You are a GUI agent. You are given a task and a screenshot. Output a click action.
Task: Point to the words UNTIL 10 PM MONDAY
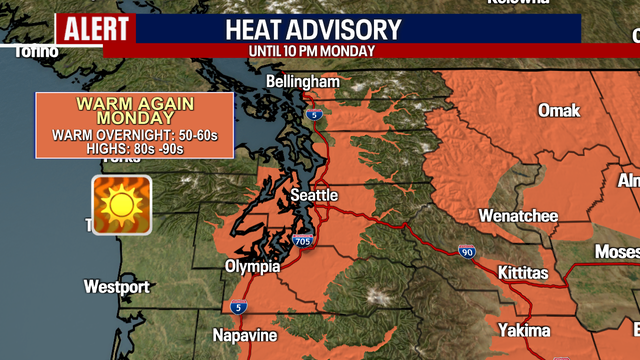pyautogui.click(x=312, y=50)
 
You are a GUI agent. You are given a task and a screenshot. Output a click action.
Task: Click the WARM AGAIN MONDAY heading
pyautogui.click(x=134, y=111)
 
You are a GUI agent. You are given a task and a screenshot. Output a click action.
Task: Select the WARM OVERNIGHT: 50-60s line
pyautogui.click(x=134, y=135)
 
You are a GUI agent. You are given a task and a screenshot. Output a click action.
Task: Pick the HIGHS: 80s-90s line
pyautogui.click(x=134, y=149)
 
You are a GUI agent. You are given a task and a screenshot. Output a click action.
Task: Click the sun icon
pyautogui.click(x=122, y=204)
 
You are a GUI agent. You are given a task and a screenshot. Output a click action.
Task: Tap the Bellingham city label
pyautogui.click(x=303, y=81)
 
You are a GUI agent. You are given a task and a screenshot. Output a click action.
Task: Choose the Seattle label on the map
pyautogui.click(x=314, y=195)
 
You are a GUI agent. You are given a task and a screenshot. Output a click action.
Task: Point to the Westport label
pyautogui.click(x=116, y=287)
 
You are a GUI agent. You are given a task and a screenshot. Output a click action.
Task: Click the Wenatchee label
pyautogui.click(x=517, y=215)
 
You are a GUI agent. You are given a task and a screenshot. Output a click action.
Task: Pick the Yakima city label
pyautogui.click(x=525, y=330)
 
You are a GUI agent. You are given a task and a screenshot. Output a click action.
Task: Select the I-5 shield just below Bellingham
pyautogui.click(x=314, y=116)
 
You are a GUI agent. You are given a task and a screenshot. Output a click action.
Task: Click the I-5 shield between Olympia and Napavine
pyautogui.click(x=237, y=307)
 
